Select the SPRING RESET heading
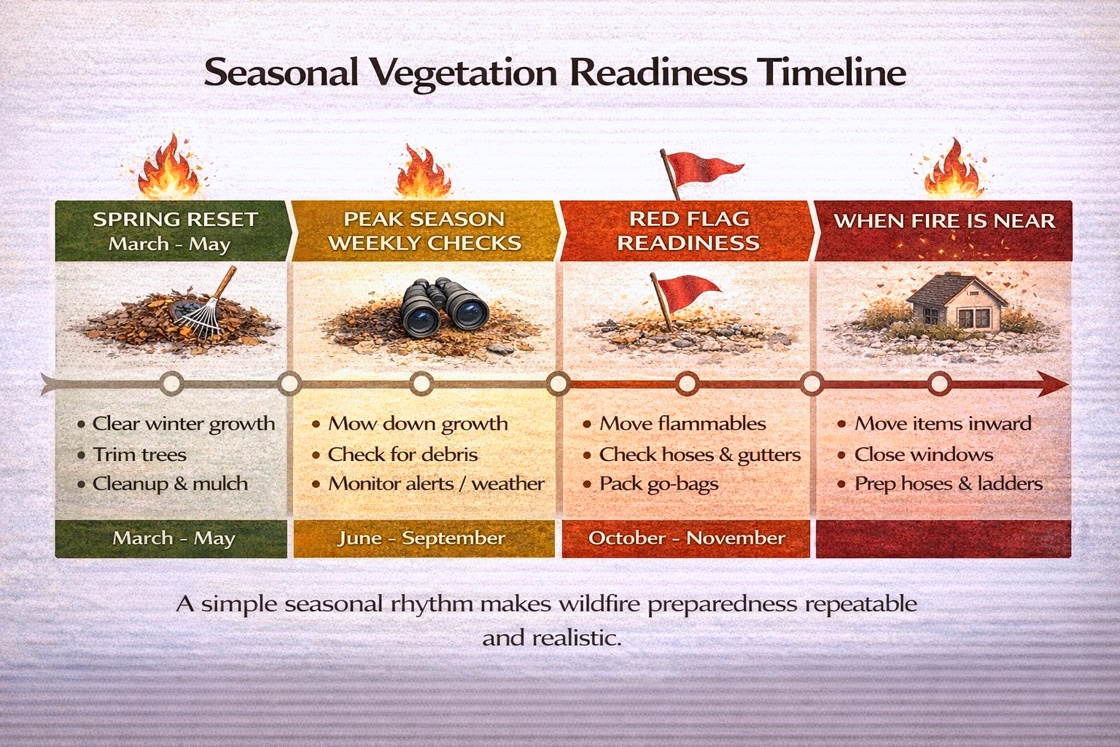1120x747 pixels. click(175, 220)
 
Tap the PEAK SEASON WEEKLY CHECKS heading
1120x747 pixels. click(424, 231)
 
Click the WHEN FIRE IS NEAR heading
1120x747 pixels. click(944, 220)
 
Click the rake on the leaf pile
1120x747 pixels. click(204, 306)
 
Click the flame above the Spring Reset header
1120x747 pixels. click(170, 169)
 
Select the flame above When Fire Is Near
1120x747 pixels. click(952, 172)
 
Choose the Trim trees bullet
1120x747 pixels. click(139, 454)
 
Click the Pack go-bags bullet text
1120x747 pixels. click(658, 484)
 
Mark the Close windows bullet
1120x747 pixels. click(923, 454)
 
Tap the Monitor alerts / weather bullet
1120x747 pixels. click(435, 484)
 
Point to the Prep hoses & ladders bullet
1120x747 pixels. click(948, 484)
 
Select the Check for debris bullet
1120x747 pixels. click(402, 454)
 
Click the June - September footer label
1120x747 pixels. click(421, 538)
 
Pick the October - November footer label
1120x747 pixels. click(686, 538)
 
